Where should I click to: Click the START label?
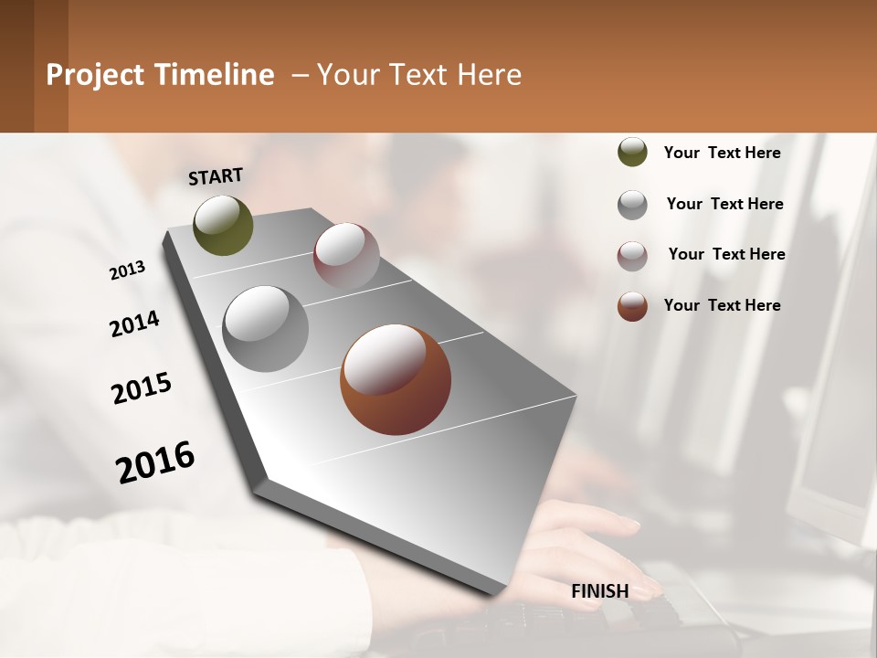pyautogui.click(x=216, y=176)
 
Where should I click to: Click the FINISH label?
pyautogui.click(x=599, y=591)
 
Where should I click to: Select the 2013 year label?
pyautogui.click(x=127, y=271)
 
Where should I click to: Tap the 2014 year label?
pyautogui.click(x=134, y=324)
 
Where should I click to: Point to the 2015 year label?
pyautogui.click(x=142, y=388)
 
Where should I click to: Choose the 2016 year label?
pyautogui.click(x=155, y=462)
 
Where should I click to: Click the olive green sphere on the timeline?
pyautogui.click(x=223, y=225)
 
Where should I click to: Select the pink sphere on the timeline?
pyautogui.click(x=346, y=255)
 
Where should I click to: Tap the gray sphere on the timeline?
pyautogui.click(x=265, y=328)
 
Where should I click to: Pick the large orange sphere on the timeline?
pyautogui.click(x=396, y=379)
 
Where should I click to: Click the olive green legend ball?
pyautogui.click(x=632, y=153)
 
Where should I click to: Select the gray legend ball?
pyautogui.click(x=632, y=205)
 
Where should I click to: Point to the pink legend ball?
pyautogui.click(x=632, y=256)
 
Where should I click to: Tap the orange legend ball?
pyautogui.click(x=632, y=306)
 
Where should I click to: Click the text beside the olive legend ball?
pyautogui.click(x=722, y=153)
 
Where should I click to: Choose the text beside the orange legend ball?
pyautogui.click(x=722, y=305)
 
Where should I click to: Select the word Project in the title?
pyautogui.click(x=95, y=75)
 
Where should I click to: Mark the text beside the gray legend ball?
pyautogui.click(x=724, y=204)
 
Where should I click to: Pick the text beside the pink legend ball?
pyautogui.click(x=726, y=254)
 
